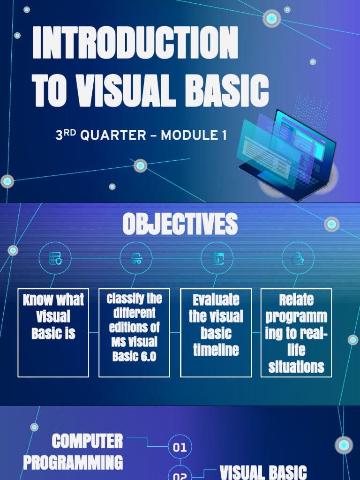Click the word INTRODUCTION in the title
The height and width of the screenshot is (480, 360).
point(135,43)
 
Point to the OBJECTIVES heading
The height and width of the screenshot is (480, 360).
point(180,224)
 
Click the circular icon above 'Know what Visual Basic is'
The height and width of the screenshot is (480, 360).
point(55,258)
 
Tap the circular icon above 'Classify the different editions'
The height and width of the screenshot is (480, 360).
point(136,258)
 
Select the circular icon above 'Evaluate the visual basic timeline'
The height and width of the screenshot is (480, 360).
point(217,258)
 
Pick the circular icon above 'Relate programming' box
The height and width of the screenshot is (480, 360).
point(298,258)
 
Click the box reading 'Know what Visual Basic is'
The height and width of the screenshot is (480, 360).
point(53,332)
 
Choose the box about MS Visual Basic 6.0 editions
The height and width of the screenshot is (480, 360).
point(134,332)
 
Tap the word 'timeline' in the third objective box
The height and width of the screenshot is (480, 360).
point(216,350)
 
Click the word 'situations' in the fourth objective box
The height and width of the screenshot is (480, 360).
point(296,367)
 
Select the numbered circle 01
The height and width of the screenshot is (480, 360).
point(180,447)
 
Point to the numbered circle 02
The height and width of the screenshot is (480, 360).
point(180,474)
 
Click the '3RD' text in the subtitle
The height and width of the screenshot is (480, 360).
point(66,135)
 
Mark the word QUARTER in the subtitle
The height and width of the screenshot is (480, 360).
point(113,136)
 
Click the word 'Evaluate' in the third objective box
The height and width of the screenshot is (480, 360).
point(216,300)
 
